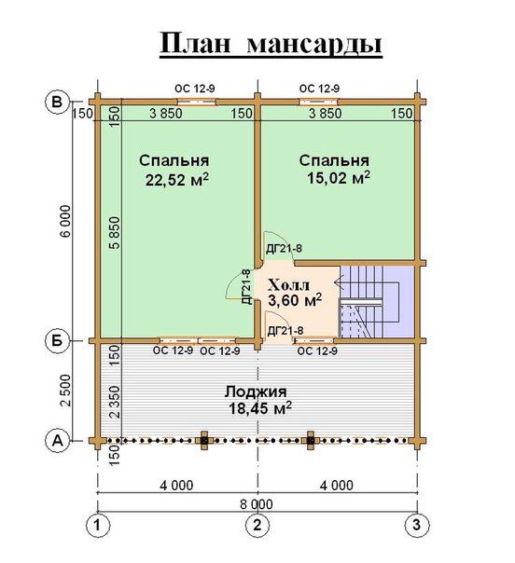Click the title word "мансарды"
coord(314,45)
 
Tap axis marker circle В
coord(56,102)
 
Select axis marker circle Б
coord(57,341)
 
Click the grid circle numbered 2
coord(257,526)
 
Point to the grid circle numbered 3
coord(417,526)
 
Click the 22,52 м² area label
coord(177,180)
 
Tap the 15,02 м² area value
coord(338,178)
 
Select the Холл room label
coord(288,285)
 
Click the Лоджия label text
coord(256,392)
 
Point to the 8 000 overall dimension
coord(257,504)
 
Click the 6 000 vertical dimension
coord(66,221)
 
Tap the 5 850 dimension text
coord(114,233)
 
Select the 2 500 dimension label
coord(66,390)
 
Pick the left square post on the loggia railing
coord(204,440)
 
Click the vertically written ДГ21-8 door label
coord(246,287)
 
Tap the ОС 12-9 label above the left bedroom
coord(195,89)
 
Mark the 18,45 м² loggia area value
coord(260,408)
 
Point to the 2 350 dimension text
coord(114,402)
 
